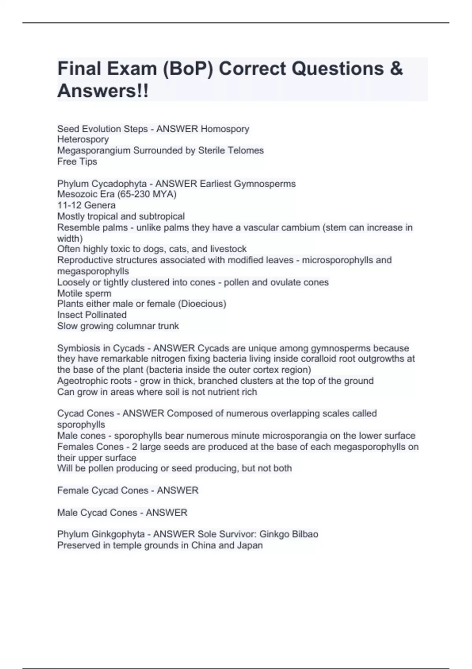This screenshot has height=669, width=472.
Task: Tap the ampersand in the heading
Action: coord(397,69)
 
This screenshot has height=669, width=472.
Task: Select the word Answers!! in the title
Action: coord(103,91)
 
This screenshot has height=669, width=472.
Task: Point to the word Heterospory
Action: coord(83,139)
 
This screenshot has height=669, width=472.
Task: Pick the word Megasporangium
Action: coord(94,150)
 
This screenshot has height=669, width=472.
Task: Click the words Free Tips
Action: coord(77,161)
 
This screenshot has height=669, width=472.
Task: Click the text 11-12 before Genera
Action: coord(70,205)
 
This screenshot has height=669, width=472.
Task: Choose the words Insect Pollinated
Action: coord(92,315)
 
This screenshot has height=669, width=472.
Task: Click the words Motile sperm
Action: coord(84,293)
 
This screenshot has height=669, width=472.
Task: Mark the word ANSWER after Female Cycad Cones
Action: coord(177,490)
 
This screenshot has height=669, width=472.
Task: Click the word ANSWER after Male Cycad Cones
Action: coord(166,513)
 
